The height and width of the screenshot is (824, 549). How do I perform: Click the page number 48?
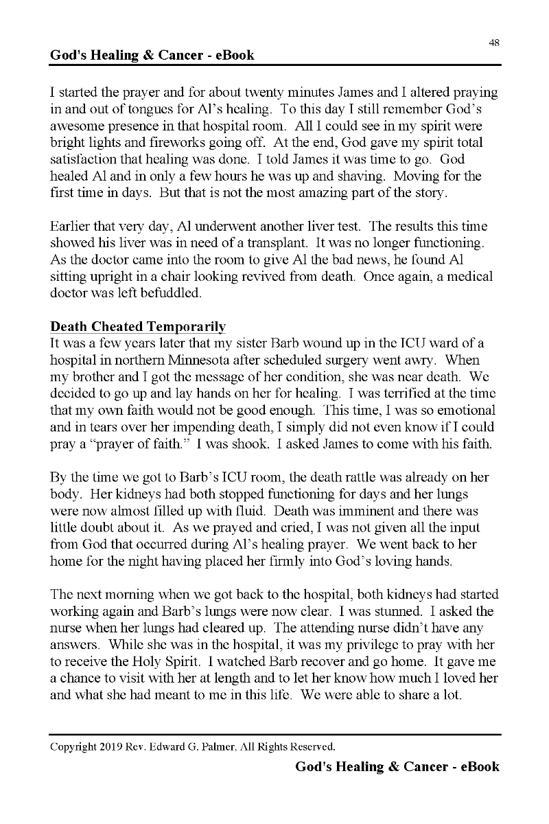point(494,43)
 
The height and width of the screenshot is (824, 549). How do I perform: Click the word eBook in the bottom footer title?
point(476,766)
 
